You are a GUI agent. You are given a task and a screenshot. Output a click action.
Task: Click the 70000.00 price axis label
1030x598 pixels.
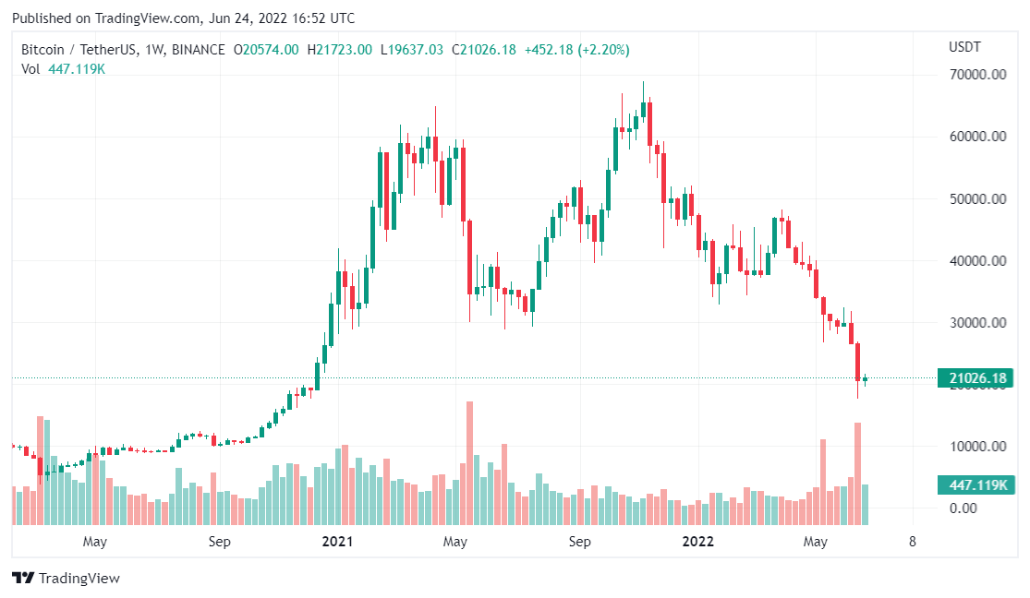coord(977,75)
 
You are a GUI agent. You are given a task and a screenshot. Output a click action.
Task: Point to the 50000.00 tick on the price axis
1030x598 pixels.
coord(977,199)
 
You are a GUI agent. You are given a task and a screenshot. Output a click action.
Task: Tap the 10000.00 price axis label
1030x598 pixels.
coord(977,447)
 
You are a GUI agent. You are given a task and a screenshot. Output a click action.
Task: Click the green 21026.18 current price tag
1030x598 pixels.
coord(975,378)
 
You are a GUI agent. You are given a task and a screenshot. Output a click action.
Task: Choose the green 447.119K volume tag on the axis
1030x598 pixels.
coord(975,485)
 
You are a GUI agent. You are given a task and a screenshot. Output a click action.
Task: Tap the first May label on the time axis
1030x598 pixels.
coord(95,542)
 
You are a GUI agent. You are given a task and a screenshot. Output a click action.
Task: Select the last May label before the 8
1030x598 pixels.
coord(815,542)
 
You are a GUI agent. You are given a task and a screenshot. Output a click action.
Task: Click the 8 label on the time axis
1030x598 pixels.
coord(913,542)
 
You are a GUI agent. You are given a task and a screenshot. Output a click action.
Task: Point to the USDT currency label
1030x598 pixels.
coord(964,47)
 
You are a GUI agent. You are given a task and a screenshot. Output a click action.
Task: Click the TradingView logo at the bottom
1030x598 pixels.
coord(66,579)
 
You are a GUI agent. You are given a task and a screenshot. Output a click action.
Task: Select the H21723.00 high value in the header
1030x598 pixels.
coord(339,50)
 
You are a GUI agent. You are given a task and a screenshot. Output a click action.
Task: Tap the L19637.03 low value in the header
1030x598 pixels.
coord(411,50)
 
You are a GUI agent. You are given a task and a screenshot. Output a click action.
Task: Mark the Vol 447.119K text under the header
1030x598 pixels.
coord(64,68)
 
